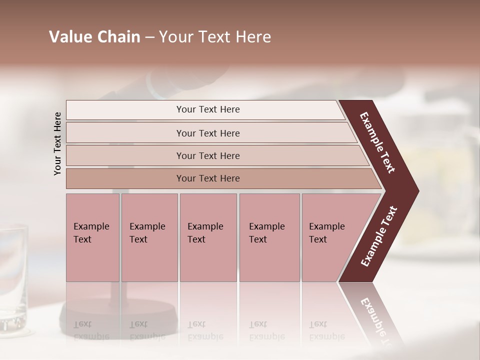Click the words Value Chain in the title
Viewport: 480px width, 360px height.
[x=94, y=37]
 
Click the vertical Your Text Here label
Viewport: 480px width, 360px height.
[x=57, y=143]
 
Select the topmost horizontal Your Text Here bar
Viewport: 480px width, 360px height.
[x=207, y=109]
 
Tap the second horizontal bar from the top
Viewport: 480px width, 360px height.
[x=207, y=133]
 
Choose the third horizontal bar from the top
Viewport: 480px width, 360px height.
[x=207, y=155]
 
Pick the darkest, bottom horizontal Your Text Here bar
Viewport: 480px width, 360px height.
[x=207, y=178]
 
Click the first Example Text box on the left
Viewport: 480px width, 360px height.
[x=92, y=237]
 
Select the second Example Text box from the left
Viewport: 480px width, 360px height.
[x=149, y=237]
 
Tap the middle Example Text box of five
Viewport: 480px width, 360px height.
[x=208, y=237]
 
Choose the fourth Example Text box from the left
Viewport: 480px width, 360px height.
[x=269, y=237]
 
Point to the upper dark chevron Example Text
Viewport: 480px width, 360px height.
[x=377, y=142]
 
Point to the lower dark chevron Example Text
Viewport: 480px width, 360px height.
[x=379, y=236]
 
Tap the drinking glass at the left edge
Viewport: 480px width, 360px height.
[x=13, y=275]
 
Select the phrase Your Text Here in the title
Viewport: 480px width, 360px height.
[x=215, y=37]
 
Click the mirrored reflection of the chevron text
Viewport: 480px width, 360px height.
[x=377, y=320]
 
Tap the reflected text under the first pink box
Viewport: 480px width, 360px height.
[x=91, y=330]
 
